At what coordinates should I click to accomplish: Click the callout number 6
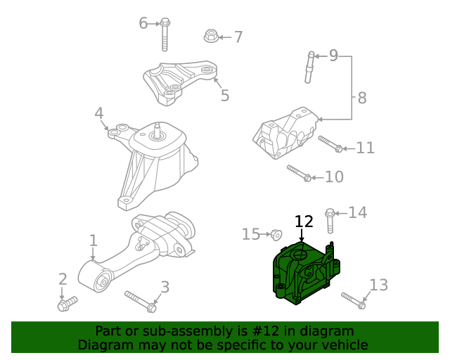143,23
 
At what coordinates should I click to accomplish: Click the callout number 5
225,96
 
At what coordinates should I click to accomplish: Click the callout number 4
99,113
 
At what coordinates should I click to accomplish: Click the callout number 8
362,98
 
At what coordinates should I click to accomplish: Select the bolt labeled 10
299,172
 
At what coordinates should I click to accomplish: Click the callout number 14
358,212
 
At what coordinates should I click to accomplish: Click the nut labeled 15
276,234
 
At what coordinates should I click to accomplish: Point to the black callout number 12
303,221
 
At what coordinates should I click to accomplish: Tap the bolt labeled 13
353,300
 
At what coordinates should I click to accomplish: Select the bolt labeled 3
141,301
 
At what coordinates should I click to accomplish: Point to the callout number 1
93,241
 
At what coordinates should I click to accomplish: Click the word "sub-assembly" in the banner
166,330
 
